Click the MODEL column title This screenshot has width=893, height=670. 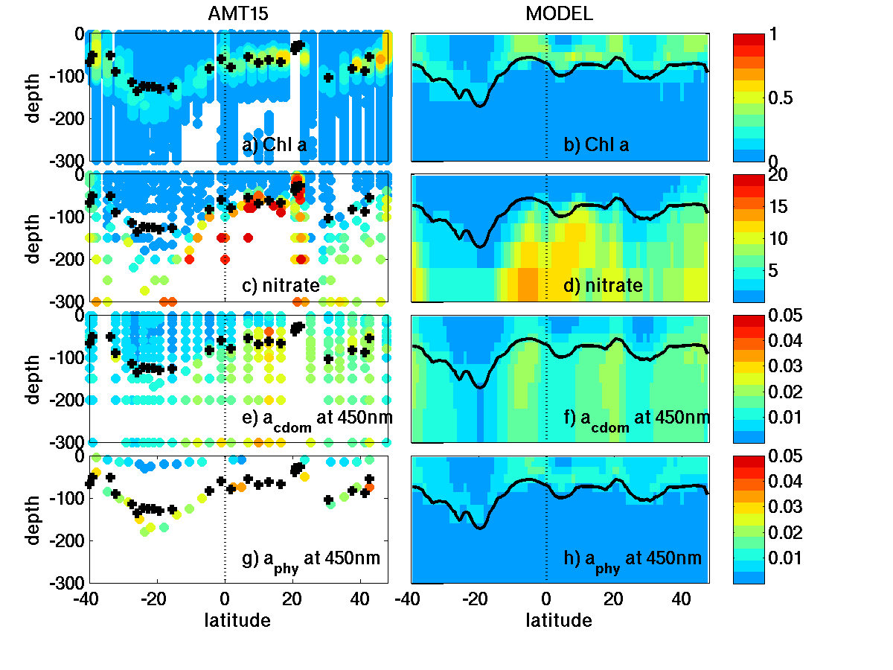pyautogui.click(x=559, y=14)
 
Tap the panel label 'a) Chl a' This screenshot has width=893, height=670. pyautogui.click(x=275, y=145)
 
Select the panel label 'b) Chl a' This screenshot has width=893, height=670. pyautogui.click(x=596, y=145)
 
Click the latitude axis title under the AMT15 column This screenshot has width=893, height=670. pyautogui.click(x=237, y=620)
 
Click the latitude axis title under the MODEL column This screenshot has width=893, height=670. pyautogui.click(x=559, y=620)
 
